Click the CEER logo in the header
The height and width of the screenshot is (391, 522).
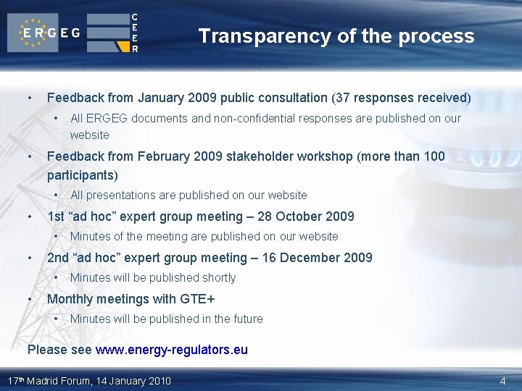click(114, 33)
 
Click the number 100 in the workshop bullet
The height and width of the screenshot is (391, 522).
click(434, 156)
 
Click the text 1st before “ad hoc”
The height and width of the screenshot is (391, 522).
click(56, 216)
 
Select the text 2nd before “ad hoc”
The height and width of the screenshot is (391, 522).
click(58, 258)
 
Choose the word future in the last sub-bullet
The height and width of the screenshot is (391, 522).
click(246, 319)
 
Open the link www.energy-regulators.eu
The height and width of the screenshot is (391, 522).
click(171, 350)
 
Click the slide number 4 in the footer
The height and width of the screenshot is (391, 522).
click(502, 381)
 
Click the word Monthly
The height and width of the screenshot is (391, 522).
click(71, 299)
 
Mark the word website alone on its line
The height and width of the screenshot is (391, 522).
click(90, 135)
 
